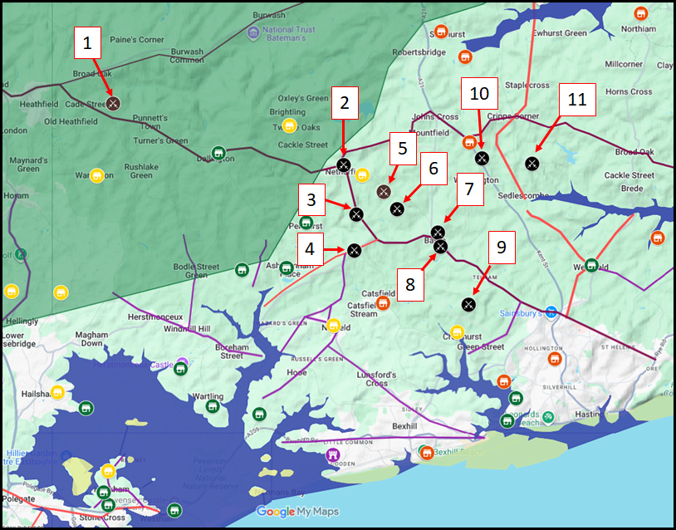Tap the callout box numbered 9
pyautogui.click(x=500, y=248)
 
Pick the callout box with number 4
pyautogui.click(x=310, y=248)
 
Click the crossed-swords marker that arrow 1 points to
pyautogui.click(x=114, y=103)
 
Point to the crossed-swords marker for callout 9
pyautogui.click(x=469, y=304)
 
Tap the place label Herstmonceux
pyautogui.click(x=155, y=317)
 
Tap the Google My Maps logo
pyautogui.click(x=297, y=512)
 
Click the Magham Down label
pyautogui.click(x=92, y=339)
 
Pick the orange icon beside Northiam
pyautogui.click(x=639, y=14)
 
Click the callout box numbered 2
pyautogui.click(x=344, y=104)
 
